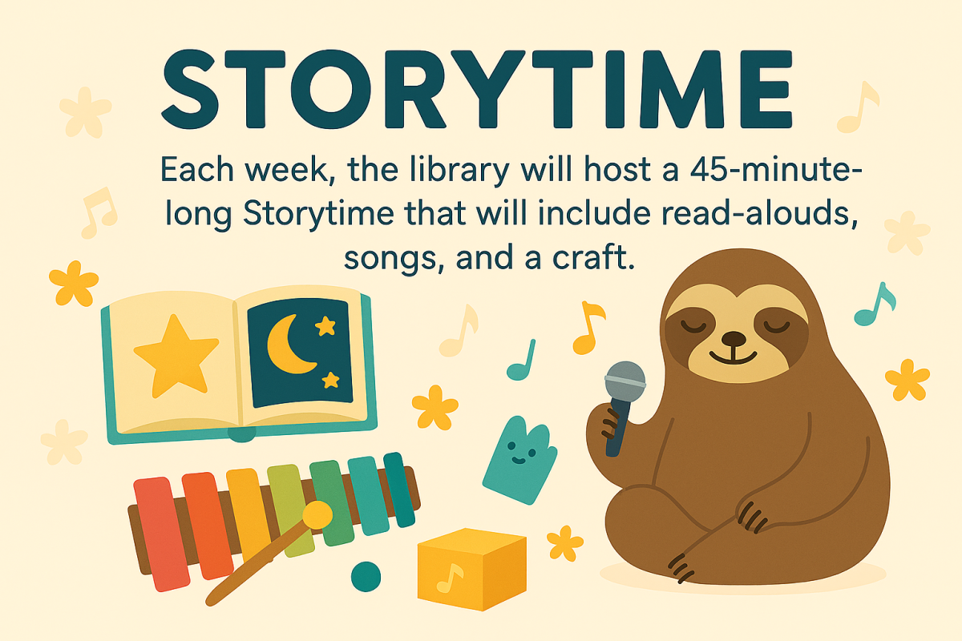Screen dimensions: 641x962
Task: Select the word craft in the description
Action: tap(590, 258)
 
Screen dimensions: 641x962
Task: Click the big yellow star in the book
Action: tap(176, 353)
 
